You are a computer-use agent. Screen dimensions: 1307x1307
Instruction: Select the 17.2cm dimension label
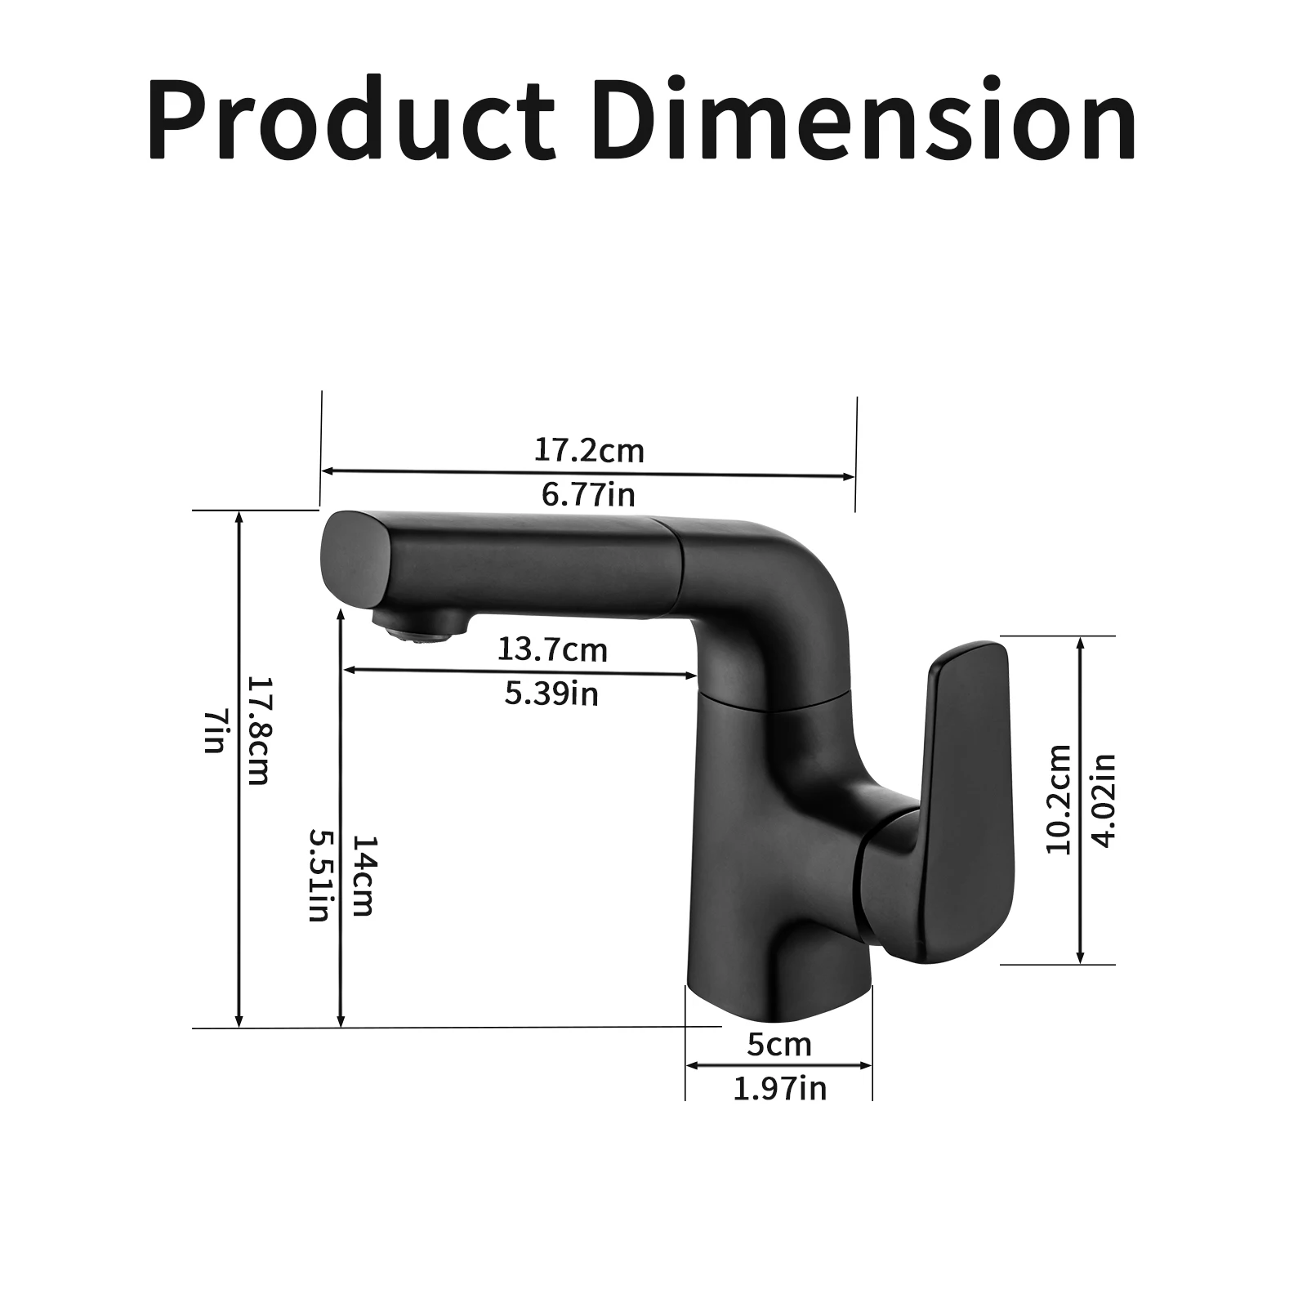(x=589, y=450)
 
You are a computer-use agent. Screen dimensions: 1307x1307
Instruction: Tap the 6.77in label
(x=588, y=494)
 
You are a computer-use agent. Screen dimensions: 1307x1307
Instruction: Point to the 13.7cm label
(x=552, y=650)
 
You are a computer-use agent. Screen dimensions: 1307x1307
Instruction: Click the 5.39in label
(x=551, y=694)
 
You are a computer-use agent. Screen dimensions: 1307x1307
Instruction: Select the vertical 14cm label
(x=362, y=875)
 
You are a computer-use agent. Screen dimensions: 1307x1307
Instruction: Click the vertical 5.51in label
(x=318, y=875)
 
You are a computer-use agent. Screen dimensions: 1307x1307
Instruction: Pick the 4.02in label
(x=1104, y=799)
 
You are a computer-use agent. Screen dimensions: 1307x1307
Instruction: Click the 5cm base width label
(x=779, y=1045)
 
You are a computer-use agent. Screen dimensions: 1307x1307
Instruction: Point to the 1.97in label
(x=779, y=1089)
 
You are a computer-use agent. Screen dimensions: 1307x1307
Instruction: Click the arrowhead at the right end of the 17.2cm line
(x=850, y=476)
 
